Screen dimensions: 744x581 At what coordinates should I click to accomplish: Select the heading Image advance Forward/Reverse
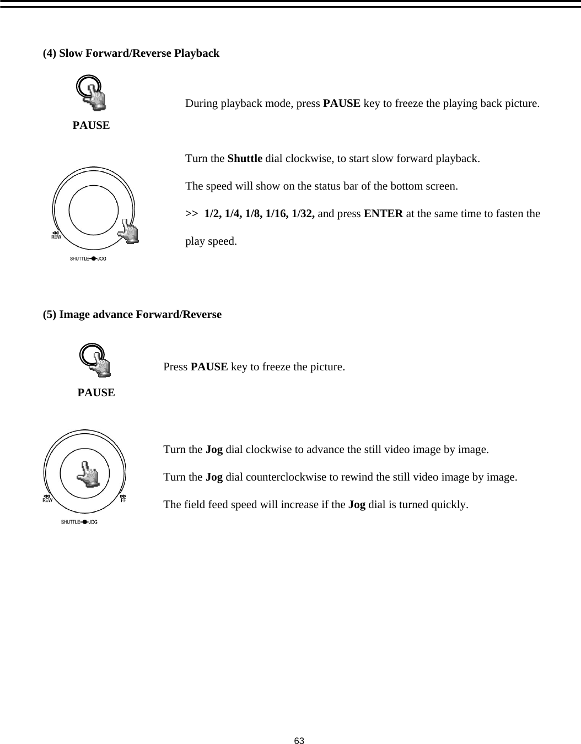coord(140,315)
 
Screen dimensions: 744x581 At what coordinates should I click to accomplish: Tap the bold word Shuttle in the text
coord(245,159)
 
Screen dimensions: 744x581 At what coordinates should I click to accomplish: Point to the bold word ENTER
coord(383,214)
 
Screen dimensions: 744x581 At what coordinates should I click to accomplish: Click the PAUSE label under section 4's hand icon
coord(91,126)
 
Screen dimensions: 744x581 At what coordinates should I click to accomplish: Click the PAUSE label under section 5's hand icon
coord(96,393)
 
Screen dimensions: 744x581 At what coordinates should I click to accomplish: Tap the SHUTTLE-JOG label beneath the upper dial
coord(88,258)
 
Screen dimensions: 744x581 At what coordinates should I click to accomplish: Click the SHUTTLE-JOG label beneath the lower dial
coord(79,522)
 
